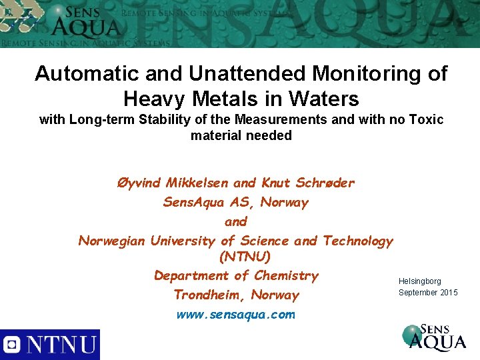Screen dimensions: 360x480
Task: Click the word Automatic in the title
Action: (74, 73)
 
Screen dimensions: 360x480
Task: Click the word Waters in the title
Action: (326, 99)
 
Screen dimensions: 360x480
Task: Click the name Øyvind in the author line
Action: (139, 183)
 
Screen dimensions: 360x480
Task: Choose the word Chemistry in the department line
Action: (285, 275)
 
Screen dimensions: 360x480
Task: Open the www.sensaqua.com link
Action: (235, 315)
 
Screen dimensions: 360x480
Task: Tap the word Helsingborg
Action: (420, 282)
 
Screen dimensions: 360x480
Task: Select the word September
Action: (418, 293)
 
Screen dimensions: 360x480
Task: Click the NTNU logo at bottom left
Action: (50, 345)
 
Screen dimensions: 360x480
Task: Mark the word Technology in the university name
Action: (358, 241)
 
